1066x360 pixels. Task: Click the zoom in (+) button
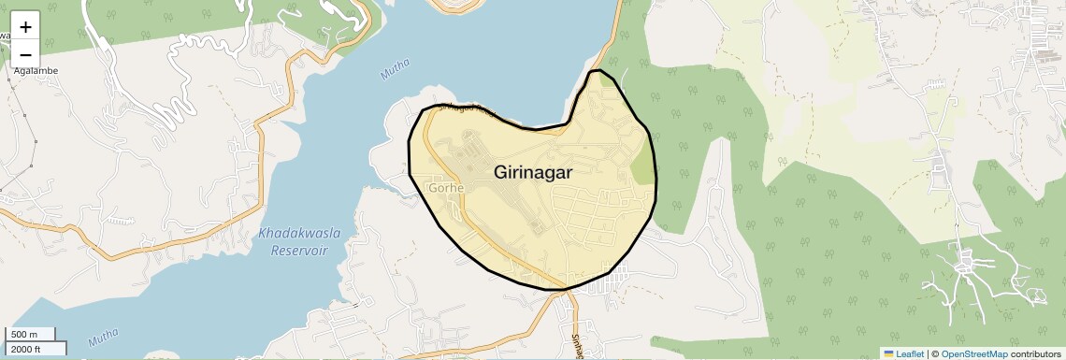coord(25,27)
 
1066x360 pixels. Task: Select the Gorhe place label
coord(446,188)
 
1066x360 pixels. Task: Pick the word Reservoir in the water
coord(301,250)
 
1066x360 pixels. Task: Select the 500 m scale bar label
coord(23,335)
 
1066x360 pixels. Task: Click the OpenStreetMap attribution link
coord(973,353)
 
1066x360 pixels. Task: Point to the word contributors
coord(1035,353)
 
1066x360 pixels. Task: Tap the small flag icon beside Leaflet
coord(888,353)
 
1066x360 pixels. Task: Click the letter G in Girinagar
coord(502,173)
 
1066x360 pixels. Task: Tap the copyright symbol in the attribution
coord(934,353)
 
